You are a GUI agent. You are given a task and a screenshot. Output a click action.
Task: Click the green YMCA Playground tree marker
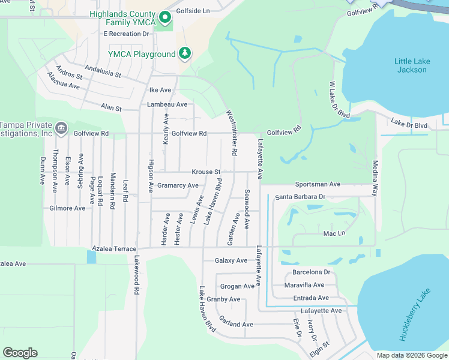(x=185, y=54)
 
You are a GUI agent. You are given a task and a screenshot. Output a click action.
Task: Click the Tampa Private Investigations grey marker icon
(x=61, y=128)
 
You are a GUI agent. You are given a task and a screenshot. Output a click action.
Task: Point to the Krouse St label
(x=206, y=172)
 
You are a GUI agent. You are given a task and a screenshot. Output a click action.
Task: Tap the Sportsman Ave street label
(x=318, y=184)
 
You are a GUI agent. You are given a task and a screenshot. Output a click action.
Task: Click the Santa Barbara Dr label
(x=300, y=197)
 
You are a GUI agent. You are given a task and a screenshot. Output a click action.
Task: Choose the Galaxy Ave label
(x=231, y=260)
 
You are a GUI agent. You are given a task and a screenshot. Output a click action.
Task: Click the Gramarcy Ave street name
(x=178, y=185)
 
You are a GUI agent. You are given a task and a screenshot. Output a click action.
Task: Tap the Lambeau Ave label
(x=167, y=104)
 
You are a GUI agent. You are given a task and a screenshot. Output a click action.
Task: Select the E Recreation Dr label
(x=126, y=34)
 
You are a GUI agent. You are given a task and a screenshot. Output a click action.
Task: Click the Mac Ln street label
(x=334, y=233)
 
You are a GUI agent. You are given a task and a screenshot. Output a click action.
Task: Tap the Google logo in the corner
(x=20, y=353)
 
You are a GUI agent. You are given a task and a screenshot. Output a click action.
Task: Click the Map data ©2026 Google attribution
(x=412, y=355)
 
